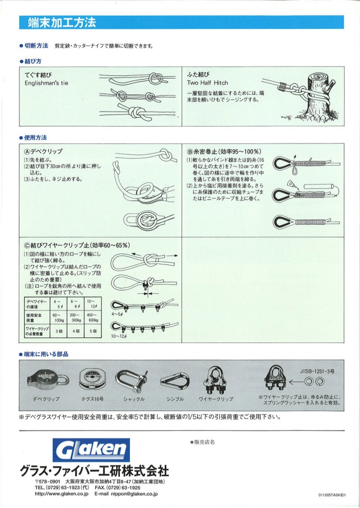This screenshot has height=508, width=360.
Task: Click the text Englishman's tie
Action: coord(47,83)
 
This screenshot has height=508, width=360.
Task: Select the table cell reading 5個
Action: coord(94,332)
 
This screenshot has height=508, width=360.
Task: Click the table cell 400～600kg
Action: coord(94,317)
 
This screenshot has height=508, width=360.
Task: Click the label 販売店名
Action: coord(204,443)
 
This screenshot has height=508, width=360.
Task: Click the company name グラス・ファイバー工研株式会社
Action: coord(94,469)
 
